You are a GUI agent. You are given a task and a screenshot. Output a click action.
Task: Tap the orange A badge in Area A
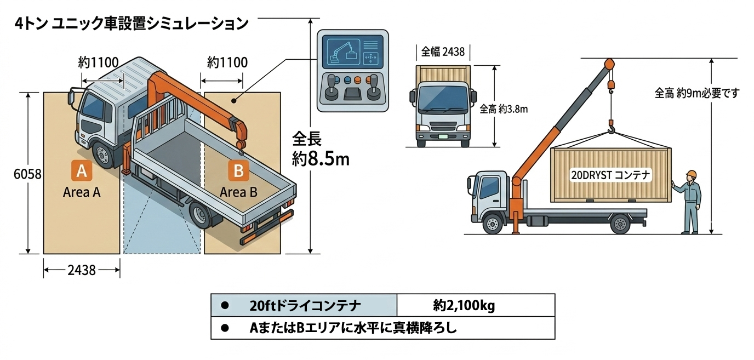click(81, 171)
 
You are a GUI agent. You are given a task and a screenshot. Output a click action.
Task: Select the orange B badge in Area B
click(238, 171)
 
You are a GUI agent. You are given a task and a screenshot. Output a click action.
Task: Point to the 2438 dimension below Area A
click(82, 270)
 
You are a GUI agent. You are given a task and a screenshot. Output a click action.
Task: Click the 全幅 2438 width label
click(443, 52)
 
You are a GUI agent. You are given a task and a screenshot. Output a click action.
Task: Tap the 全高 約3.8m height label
click(504, 109)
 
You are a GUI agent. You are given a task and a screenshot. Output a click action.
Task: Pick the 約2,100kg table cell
click(464, 305)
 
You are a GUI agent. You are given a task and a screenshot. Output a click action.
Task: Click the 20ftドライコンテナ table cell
click(305, 305)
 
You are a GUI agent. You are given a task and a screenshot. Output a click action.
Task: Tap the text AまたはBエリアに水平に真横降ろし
click(353, 328)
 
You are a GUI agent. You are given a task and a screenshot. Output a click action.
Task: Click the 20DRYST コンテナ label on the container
click(610, 175)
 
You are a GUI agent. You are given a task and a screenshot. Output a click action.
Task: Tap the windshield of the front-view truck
click(443, 100)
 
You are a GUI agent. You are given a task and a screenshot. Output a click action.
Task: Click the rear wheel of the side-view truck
click(620, 223)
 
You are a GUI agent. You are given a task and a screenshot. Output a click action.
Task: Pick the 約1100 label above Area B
click(227, 62)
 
